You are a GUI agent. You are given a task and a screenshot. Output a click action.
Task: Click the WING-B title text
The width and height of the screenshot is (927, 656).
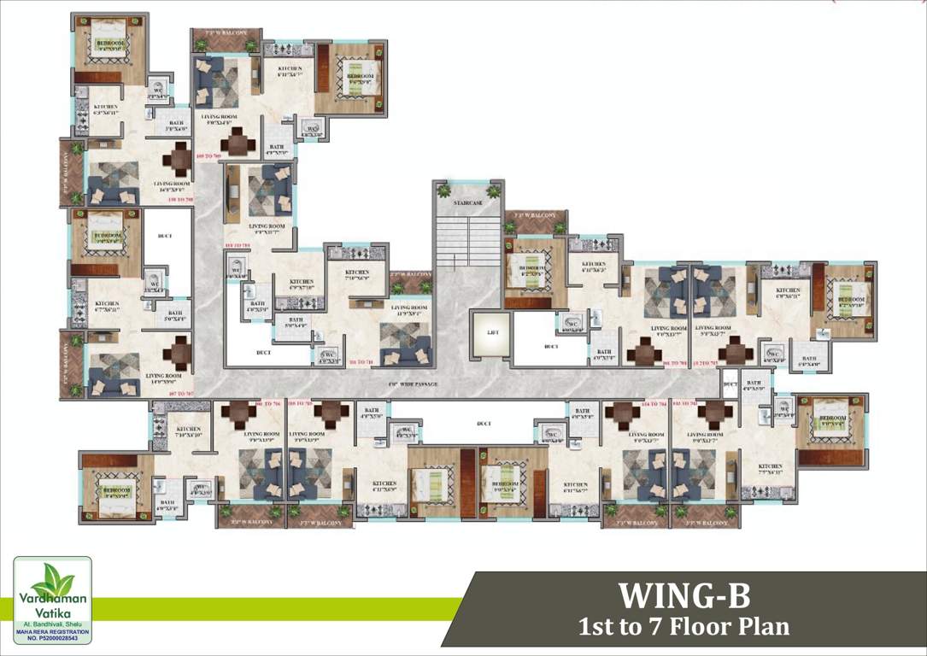684,594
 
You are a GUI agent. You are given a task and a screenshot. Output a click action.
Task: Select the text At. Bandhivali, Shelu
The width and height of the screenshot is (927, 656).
52,625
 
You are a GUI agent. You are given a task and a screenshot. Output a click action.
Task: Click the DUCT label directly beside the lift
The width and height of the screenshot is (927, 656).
550,347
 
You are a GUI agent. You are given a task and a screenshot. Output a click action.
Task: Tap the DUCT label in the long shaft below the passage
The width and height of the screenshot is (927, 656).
484,423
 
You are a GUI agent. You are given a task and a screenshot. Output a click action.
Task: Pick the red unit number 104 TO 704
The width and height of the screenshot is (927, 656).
653,402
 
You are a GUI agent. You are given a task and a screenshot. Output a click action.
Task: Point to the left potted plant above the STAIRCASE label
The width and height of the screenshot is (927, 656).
443,191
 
